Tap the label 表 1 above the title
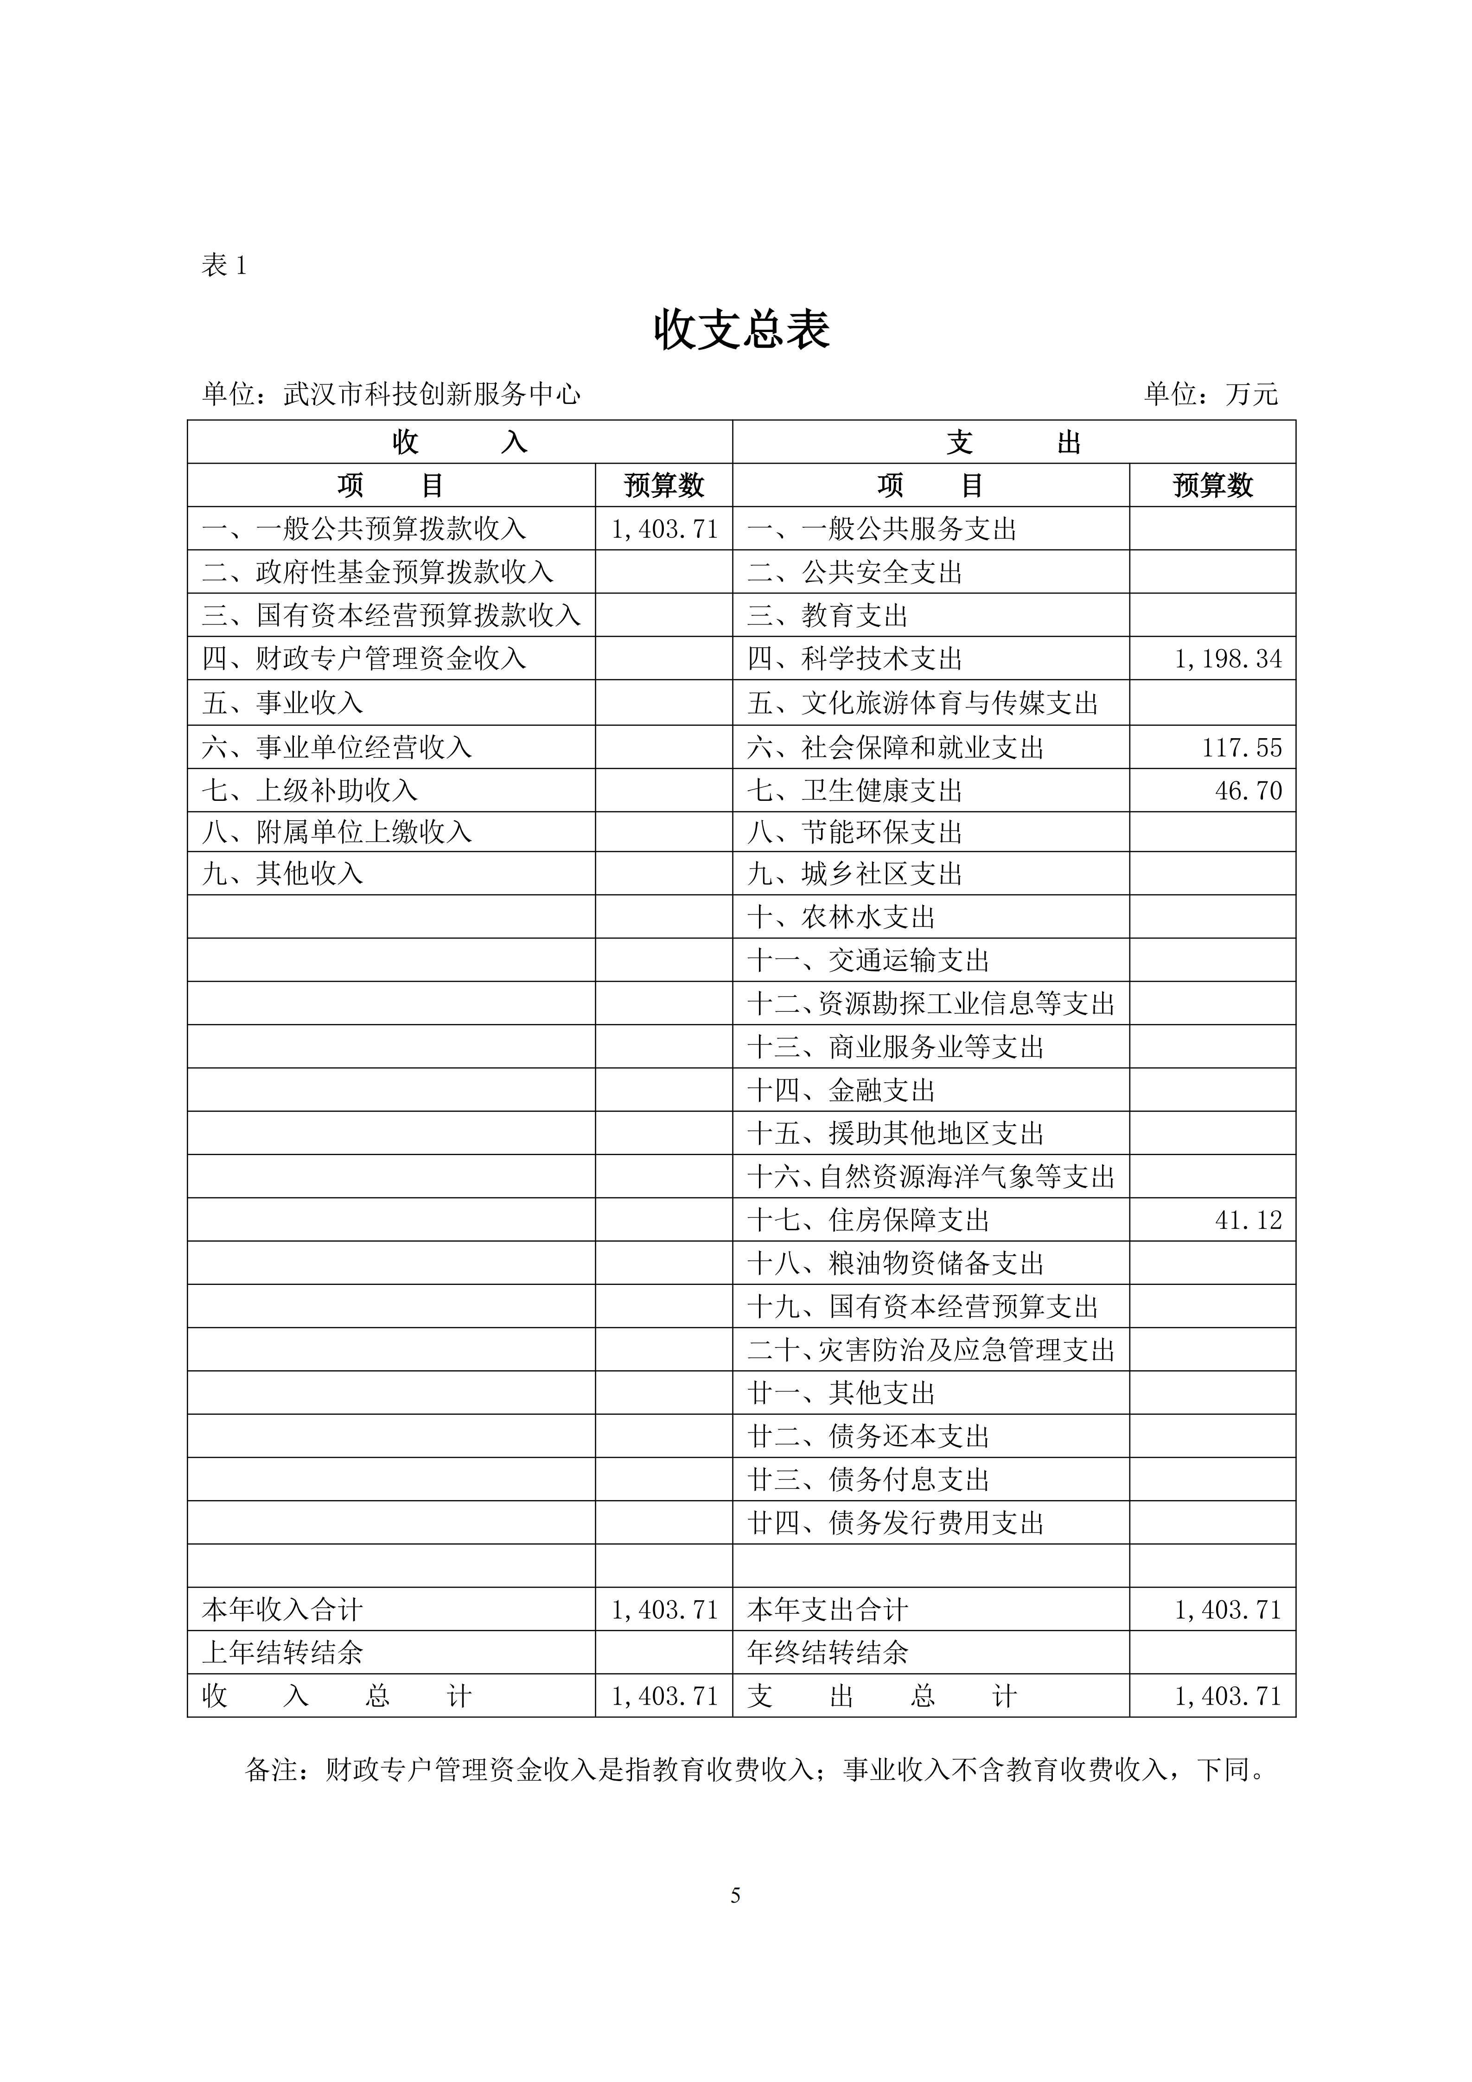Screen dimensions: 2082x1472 pos(223,266)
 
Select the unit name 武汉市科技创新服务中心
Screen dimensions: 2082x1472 pos(432,395)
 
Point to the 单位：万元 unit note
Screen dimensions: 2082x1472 pos(1210,395)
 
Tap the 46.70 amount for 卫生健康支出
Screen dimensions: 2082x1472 pos(1248,791)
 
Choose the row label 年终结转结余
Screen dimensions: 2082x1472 pos(828,1653)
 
